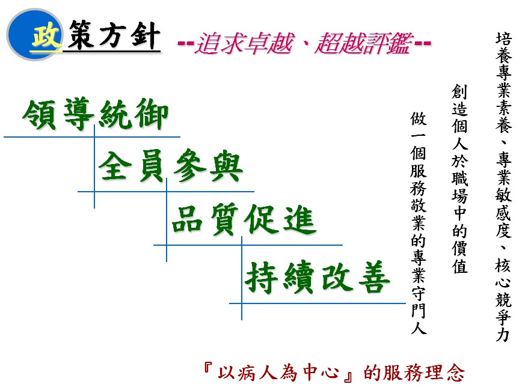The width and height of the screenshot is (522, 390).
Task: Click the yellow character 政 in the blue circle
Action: point(47,35)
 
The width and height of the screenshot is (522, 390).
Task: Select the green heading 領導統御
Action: point(96,114)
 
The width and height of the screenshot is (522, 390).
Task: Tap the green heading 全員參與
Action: point(170,166)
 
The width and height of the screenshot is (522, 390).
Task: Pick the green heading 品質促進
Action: point(244,219)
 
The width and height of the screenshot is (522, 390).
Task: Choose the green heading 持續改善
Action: point(318,277)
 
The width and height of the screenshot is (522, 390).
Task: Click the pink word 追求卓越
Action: point(245,43)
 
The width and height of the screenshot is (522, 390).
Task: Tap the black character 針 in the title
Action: point(145,35)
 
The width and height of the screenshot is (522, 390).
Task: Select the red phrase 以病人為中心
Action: point(278,373)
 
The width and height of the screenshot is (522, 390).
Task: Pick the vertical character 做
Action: point(419,119)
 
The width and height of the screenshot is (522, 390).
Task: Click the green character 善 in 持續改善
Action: point(374,277)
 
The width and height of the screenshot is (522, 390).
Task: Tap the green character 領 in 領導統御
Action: point(38,115)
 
